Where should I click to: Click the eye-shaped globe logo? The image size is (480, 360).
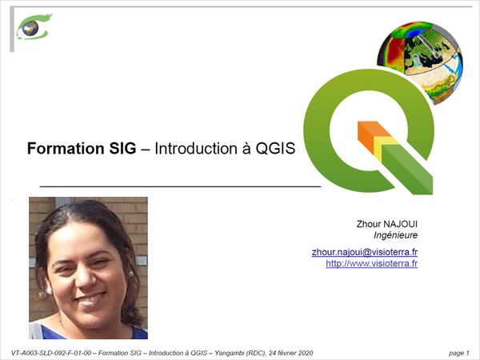(x=34, y=27)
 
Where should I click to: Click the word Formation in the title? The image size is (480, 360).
(x=66, y=149)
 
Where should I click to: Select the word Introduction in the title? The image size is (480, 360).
(x=196, y=149)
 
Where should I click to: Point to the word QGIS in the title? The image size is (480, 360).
(x=275, y=149)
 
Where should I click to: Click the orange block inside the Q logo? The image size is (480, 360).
(x=371, y=134)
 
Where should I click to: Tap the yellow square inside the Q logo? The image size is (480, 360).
(x=383, y=147)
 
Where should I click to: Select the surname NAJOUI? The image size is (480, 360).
(x=401, y=224)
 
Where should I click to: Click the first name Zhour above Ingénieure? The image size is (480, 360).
(x=368, y=224)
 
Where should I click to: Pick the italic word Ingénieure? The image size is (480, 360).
(x=395, y=235)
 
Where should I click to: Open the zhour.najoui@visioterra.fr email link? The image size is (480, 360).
(x=365, y=252)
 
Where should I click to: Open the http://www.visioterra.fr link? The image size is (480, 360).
(x=372, y=263)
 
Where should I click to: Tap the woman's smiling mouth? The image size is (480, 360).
(x=90, y=299)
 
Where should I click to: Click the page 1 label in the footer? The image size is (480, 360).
(x=459, y=353)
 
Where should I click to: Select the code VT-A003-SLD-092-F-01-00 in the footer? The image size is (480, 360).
(x=51, y=353)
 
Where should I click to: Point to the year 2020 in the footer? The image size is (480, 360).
(x=306, y=353)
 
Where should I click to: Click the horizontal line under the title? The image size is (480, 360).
(x=180, y=186)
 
